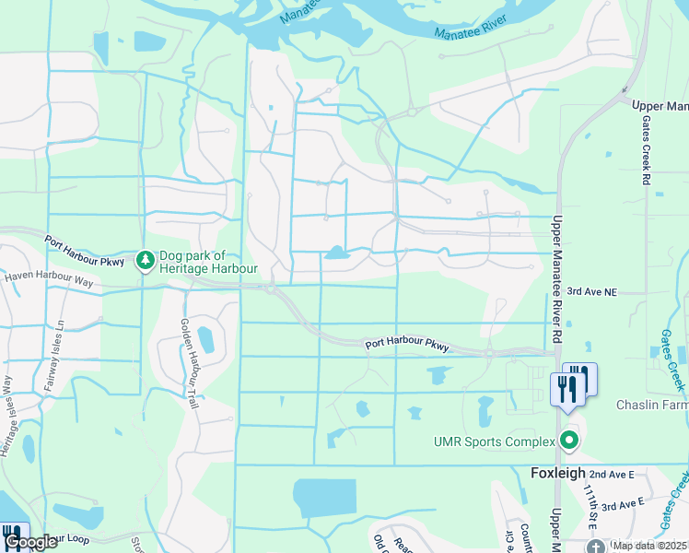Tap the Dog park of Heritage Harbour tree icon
145,261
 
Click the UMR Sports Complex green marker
569,441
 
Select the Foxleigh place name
559,473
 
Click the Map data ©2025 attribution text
650,546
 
